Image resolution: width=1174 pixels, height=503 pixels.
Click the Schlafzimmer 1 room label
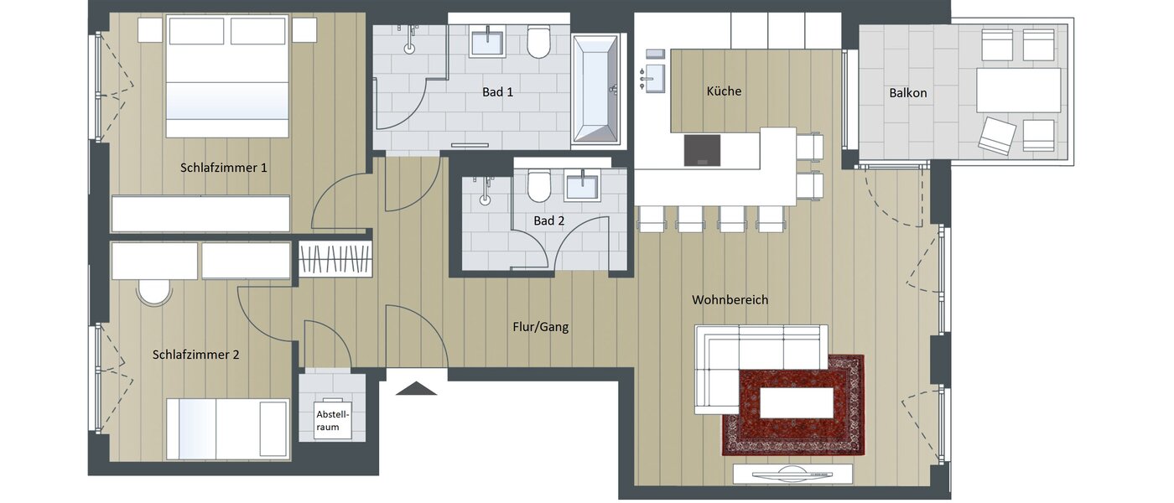pos(223,168)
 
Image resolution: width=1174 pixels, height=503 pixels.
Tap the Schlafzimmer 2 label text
pos(195,355)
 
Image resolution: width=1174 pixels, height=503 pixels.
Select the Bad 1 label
pos(497,92)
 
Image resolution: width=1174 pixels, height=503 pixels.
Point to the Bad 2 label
pos(549,220)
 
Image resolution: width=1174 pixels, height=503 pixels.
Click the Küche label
pos(724,91)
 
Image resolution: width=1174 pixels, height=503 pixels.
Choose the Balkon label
pos(908,93)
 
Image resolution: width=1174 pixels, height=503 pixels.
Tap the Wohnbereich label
pos(730,299)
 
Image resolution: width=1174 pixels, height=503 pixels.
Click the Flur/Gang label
pos(541,327)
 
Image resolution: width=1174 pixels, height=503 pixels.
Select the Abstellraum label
pos(332,420)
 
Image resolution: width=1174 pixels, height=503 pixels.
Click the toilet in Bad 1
pos(538,43)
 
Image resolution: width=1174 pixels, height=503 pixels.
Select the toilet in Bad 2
pos(539,187)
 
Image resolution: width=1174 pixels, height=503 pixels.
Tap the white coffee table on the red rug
pos(796,403)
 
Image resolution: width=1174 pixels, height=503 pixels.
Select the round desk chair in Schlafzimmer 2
pos(154,291)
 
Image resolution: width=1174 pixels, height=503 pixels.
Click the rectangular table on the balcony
pos(1018,91)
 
